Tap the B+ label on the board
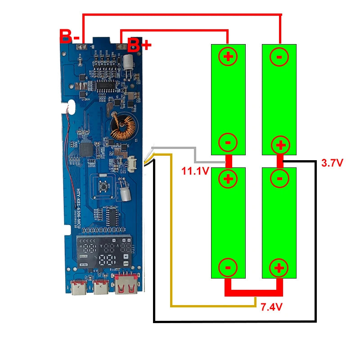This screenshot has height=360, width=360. [139, 45]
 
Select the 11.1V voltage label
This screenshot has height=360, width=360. [195, 171]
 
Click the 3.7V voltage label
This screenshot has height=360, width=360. [332, 163]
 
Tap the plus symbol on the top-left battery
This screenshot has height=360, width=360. [228, 57]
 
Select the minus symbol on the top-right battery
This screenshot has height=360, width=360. [279, 57]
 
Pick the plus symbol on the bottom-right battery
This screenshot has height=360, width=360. [279, 268]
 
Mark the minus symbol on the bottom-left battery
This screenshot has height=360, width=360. [228, 268]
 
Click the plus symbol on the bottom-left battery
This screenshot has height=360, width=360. [228, 179]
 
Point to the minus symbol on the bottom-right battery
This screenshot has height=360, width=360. [279, 179]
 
